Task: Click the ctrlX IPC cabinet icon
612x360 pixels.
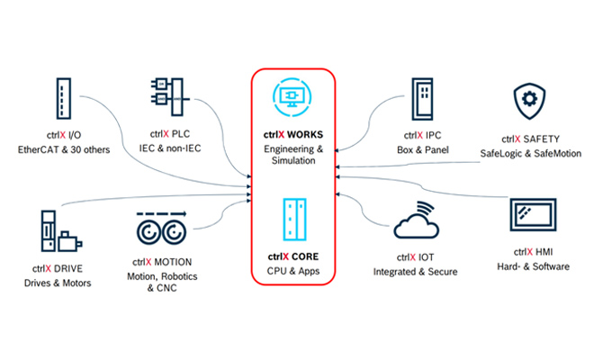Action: click(421, 97)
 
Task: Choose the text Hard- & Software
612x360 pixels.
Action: click(534, 266)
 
